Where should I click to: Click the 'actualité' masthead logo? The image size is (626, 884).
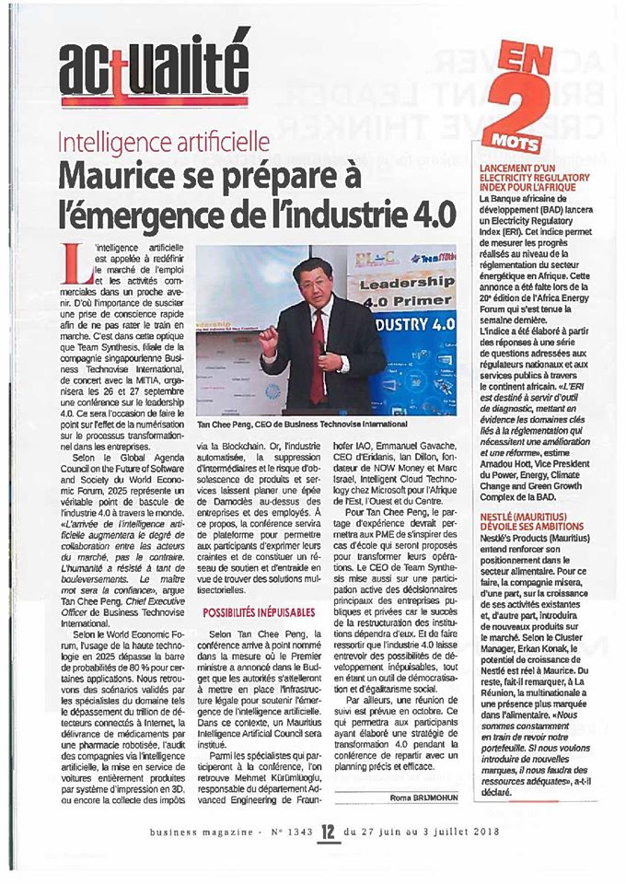coord(155,65)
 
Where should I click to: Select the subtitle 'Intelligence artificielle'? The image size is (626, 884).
coord(164,144)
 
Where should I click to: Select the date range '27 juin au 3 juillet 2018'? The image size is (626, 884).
coord(414,831)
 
